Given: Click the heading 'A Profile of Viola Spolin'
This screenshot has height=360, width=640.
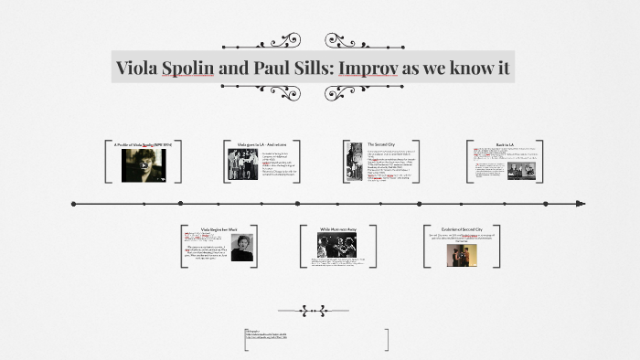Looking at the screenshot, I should pos(143,144).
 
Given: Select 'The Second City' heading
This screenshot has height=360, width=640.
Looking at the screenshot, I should pos(382,144).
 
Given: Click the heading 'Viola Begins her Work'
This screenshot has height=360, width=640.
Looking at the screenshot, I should pos(219,229).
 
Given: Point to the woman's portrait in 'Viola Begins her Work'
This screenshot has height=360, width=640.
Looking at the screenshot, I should pos(241,248).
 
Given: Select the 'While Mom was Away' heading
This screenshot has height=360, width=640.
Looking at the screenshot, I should pos(337,229).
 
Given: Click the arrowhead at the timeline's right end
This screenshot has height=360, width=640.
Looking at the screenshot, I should pos(581,204).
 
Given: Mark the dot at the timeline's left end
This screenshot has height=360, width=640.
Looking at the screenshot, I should pos(73,204).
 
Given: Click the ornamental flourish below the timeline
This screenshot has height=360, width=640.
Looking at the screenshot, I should pos(326,310).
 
